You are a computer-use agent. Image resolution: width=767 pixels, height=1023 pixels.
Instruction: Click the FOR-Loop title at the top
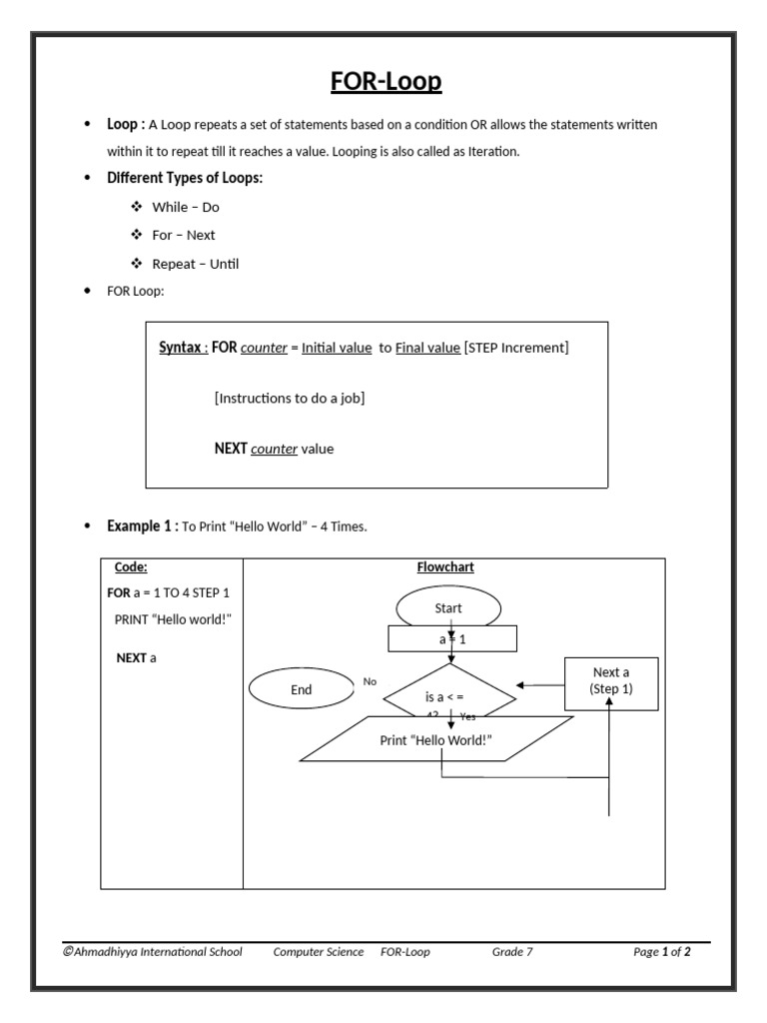[x=385, y=81]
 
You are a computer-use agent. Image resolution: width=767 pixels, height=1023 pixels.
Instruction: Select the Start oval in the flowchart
[x=448, y=607]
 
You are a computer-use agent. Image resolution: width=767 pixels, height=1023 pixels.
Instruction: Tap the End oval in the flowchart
[x=301, y=689]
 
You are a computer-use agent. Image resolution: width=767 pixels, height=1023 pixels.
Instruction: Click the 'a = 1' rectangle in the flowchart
[x=451, y=638]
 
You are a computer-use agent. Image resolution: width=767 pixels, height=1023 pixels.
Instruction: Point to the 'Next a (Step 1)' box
[x=611, y=681]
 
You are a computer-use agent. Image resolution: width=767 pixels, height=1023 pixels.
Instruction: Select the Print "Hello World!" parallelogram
[x=436, y=740]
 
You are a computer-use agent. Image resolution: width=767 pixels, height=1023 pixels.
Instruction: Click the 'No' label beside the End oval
[x=370, y=681]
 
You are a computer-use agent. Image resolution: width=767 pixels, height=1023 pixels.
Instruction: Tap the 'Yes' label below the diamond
[x=468, y=716]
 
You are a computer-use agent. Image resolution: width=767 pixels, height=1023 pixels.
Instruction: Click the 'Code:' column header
[x=131, y=567]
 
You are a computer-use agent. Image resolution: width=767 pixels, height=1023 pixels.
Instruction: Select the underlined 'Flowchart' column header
[x=445, y=567]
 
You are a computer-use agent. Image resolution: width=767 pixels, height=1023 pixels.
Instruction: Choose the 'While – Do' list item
[x=186, y=207]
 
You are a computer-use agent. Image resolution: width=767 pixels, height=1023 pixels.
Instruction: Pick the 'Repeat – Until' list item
[x=196, y=265]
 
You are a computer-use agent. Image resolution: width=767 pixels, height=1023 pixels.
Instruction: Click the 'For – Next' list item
[x=184, y=236]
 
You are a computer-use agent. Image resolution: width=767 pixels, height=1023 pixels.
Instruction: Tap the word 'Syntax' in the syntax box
[x=181, y=348]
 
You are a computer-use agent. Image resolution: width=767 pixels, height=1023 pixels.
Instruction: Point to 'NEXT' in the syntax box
[x=231, y=449]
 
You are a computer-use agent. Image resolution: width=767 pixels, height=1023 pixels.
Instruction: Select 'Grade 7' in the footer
[x=512, y=952]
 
